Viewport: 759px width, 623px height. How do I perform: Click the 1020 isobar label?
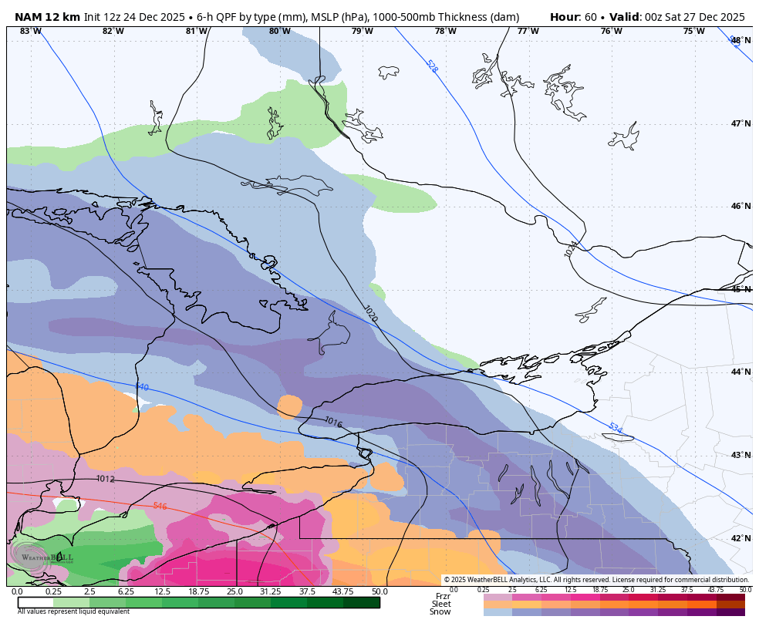(370, 313)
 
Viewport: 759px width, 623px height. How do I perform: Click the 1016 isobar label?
(333, 422)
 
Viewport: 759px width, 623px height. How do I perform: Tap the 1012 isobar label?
(106, 479)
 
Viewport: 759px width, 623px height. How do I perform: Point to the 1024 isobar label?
(570, 248)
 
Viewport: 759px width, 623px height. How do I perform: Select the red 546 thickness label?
(160, 506)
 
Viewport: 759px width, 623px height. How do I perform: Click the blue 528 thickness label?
(431, 66)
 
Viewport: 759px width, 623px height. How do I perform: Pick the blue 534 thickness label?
(615, 428)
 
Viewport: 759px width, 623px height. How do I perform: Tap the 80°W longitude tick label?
(279, 31)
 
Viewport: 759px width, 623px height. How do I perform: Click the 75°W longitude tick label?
(693, 31)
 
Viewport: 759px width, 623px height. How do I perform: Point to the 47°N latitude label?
(740, 123)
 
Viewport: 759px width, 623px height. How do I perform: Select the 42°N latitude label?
(740, 538)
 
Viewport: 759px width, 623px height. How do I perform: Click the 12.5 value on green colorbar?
(162, 591)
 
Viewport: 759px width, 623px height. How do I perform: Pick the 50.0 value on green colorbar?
(379, 591)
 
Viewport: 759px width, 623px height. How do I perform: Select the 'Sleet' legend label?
(441, 604)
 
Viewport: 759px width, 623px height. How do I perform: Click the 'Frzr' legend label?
(443, 596)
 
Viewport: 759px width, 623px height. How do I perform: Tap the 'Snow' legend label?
(440, 611)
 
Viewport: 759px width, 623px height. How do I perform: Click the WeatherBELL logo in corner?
(42, 557)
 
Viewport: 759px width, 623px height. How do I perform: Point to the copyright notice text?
(596, 580)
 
